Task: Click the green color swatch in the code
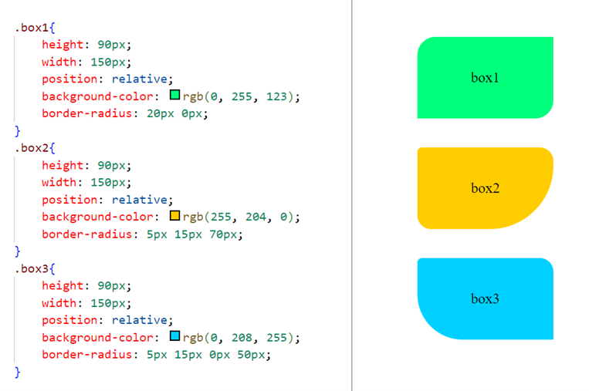pos(174,96)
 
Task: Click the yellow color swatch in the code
pos(174,217)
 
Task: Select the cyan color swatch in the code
pos(174,337)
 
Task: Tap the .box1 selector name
pos(31,28)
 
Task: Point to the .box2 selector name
pos(31,148)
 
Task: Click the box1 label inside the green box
pos(485,78)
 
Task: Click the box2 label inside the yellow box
pos(485,188)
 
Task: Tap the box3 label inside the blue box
pos(485,298)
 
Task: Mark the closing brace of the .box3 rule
pos(18,372)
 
